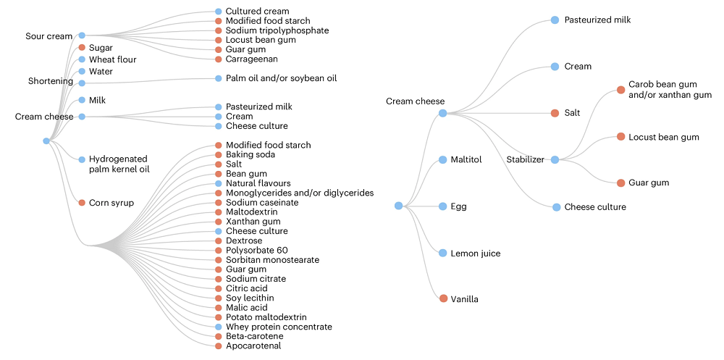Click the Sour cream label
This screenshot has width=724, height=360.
coord(49,36)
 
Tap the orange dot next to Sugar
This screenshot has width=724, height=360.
coord(82,48)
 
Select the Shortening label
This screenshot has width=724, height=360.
coord(50,81)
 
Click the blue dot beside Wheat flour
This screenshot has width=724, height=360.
coord(82,59)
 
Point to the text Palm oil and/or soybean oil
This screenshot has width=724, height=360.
coord(281,78)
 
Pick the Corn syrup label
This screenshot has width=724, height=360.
coord(111,203)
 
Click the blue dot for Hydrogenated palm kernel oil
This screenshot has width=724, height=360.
coord(82,159)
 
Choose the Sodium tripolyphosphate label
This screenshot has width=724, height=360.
coord(277,30)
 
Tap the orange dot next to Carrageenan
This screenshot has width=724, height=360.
coord(218,59)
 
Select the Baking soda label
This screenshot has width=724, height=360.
coord(251,154)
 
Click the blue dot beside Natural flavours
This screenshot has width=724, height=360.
coord(218,183)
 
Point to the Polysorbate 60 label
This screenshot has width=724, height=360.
coord(256,250)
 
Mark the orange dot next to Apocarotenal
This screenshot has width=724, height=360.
coord(218,346)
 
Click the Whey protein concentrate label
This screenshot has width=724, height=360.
coord(279,327)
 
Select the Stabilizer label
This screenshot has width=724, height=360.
coord(525,159)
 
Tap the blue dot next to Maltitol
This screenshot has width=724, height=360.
coord(443,159)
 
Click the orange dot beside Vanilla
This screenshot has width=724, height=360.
coord(443,298)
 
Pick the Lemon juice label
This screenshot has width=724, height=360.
coord(475,254)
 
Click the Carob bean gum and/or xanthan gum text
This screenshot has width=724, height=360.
coord(670,90)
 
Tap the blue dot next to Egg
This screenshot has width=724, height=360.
coord(443,206)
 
